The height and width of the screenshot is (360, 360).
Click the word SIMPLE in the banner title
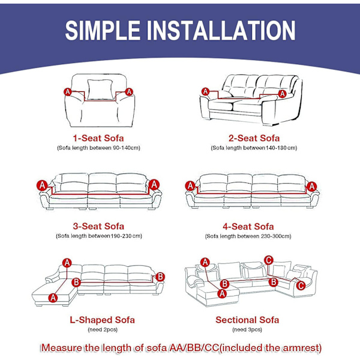pyautogui.click(x=103, y=31)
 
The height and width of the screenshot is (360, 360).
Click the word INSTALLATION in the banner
pyautogui.click(x=221, y=31)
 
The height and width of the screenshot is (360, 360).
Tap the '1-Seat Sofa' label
pyautogui.click(x=98, y=138)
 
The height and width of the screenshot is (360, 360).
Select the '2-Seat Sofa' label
pyautogui.click(x=254, y=138)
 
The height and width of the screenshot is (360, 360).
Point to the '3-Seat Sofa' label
pyautogui.click(x=98, y=226)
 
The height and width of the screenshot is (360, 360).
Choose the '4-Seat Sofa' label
pyautogui.click(x=248, y=227)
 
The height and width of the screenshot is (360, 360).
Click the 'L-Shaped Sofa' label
pyautogui.click(x=102, y=320)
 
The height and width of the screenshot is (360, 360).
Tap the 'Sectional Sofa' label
pyautogui.click(x=247, y=320)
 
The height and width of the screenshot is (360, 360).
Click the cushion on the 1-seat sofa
pyautogui.click(x=100, y=89)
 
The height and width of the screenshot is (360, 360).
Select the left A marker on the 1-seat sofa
pyautogui.click(x=67, y=92)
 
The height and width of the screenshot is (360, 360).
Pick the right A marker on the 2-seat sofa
pyautogui.click(x=282, y=94)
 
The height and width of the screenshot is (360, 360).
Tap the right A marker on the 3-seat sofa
pyautogui.click(x=154, y=185)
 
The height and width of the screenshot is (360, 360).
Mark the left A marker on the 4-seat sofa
pyautogui.click(x=190, y=186)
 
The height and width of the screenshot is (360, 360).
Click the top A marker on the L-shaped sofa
pyautogui.click(x=67, y=263)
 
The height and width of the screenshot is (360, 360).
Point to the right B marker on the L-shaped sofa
pyautogui.click(x=160, y=277)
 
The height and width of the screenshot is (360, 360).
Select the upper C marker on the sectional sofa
pyautogui.click(x=269, y=260)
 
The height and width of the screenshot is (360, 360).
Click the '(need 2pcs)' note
pyautogui.click(x=103, y=329)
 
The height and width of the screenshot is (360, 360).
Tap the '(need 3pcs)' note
pyautogui.click(x=247, y=329)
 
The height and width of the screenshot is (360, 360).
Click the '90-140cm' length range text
pyautogui.click(x=126, y=148)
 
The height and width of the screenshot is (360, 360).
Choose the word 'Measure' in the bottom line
pyautogui.click(x=62, y=348)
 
